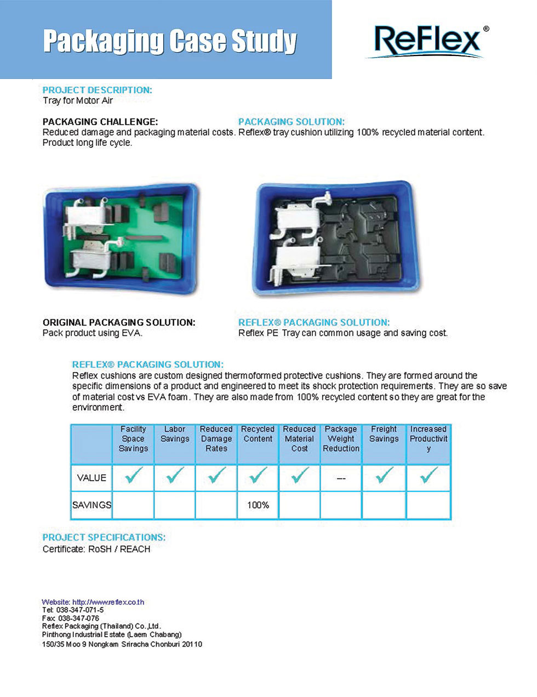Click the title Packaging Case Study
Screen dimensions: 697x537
click(x=170, y=41)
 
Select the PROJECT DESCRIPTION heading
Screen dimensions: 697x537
click(x=97, y=90)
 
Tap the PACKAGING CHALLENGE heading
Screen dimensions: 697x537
click(x=100, y=122)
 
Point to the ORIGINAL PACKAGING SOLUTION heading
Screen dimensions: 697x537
click(x=119, y=323)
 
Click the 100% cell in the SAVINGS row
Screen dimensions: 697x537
click(x=258, y=505)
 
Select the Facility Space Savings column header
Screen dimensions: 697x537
click(x=133, y=439)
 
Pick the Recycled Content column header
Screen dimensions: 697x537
click(x=258, y=434)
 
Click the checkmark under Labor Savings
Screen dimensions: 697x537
click(x=175, y=475)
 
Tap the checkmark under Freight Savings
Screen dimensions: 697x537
click(x=384, y=475)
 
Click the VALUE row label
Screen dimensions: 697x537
click(x=92, y=478)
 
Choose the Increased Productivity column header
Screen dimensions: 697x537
click(x=429, y=439)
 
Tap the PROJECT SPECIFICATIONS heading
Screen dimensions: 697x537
click(x=104, y=538)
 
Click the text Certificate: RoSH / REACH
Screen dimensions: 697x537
click(x=96, y=549)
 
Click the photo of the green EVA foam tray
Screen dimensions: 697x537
click(x=121, y=239)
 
